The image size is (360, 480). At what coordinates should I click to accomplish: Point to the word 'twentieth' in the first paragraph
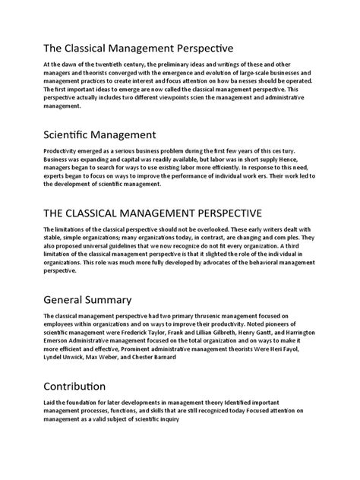[112, 65]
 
